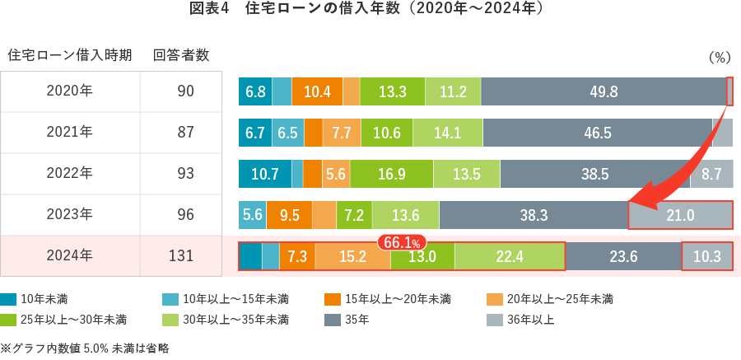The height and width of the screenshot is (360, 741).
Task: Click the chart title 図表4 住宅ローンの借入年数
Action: tap(370, 11)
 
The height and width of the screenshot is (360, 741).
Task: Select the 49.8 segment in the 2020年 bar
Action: tap(604, 91)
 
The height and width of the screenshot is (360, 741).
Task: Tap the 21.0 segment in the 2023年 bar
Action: tap(680, 215)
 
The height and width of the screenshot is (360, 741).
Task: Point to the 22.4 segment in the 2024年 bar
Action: tap(510, 256)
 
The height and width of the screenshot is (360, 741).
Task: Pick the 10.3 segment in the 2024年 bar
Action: tap(707, 256)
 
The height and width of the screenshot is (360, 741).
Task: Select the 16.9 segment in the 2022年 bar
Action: tap(391, 174)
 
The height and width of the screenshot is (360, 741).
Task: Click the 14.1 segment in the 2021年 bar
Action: tap(448, 133)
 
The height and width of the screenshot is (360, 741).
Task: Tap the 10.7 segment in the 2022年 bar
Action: tap(264, 174)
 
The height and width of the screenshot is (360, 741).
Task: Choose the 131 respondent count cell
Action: tap(180, 256)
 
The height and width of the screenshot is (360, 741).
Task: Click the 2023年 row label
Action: tap(70, 215)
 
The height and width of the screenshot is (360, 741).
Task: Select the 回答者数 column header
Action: tap(180, 55)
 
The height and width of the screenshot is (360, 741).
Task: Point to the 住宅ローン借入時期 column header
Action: tap(70, 55)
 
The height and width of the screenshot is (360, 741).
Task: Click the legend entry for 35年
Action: tap(354, 320)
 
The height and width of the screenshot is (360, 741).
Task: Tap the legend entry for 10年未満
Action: tap(37, 298)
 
